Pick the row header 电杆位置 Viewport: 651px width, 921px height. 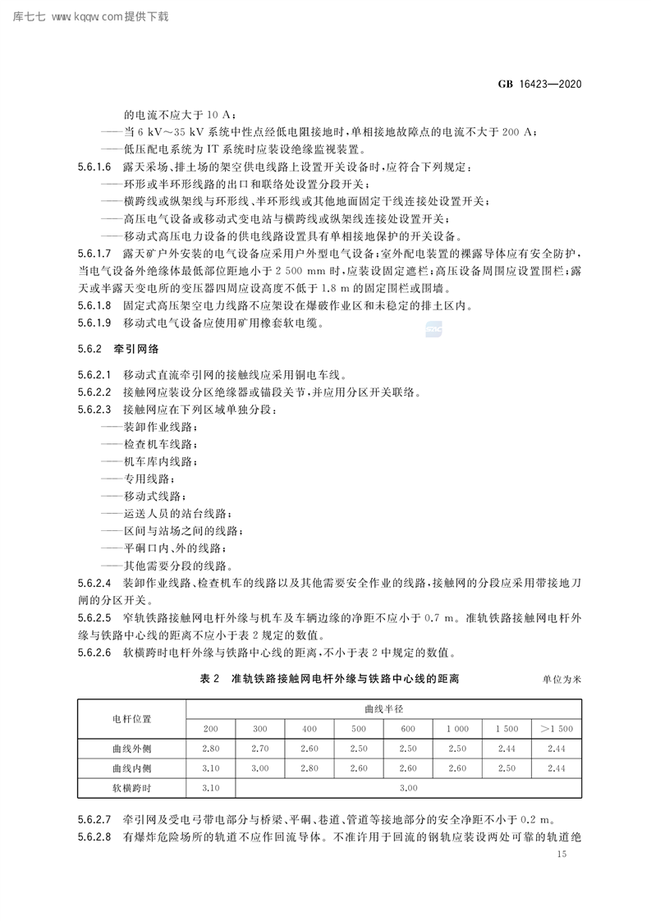tap(131, 717)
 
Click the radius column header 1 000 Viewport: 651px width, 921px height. tap(457, 728)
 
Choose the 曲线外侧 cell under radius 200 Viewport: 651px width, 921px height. tap(211, 748)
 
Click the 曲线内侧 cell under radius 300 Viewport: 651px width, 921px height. tap(260, 767)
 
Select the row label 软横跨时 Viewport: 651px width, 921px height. tap(131, 787)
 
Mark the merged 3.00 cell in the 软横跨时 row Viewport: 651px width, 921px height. tap(408, 787)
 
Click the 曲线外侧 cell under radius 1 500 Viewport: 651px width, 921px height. tap(507, 748)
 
